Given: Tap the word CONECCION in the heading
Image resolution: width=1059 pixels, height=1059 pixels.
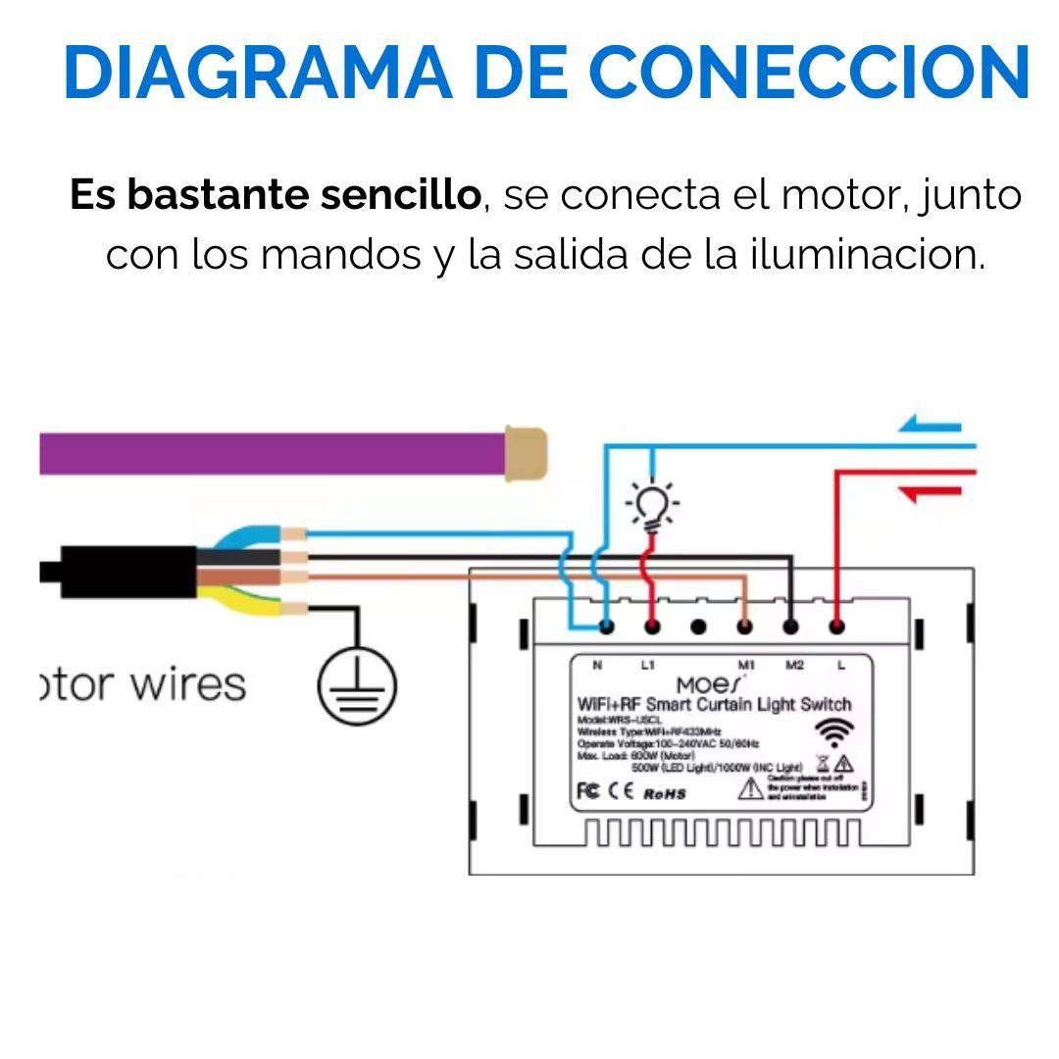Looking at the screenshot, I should click(809, 74).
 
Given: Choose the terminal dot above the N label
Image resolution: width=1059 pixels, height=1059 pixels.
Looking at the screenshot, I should click(607, 625).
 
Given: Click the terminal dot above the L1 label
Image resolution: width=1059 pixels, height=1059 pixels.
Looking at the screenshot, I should click(651, 625).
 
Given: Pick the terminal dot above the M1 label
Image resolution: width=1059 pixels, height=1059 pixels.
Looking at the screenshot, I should click(745, 625).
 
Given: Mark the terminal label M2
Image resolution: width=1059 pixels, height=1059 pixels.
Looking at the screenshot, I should click(794, 666).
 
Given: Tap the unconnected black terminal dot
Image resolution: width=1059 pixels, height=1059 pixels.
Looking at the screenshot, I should click(698, 625).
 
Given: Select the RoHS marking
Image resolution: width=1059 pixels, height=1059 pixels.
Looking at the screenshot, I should click(664, 793).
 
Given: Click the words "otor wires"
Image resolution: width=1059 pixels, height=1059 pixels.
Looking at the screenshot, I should click(142, 683).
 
